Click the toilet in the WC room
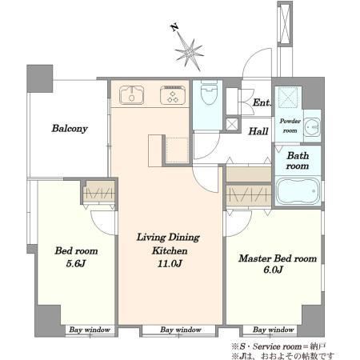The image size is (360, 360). (x=209, y=93)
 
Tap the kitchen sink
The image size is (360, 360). (x=131, y=95)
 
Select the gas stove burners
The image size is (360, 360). (x=173, y=95)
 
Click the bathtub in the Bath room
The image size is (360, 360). (x=298, y=190)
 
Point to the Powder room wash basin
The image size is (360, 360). (x=312, y=126)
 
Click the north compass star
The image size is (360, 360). (x=190, y=53)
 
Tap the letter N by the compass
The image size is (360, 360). (x=174, y=27)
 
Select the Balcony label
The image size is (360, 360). (x=70, y=129)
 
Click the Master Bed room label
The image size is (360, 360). (x=278, y=258)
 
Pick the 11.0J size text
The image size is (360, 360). (x=170, y=264)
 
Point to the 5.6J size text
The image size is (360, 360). (x=76, y=264)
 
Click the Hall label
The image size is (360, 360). (x=258, y=131)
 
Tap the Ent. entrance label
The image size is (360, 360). (x=262, y=102)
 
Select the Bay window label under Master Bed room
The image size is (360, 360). (x=274, y=330)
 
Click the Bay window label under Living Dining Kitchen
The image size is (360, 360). (x=181, y=330)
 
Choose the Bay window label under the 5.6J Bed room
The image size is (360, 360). (x=90, y=330)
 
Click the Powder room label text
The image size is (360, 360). (x=290, y=126)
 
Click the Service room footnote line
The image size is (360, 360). (x=278, y=346)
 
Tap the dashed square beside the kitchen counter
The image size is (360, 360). (x=178, y=150)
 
